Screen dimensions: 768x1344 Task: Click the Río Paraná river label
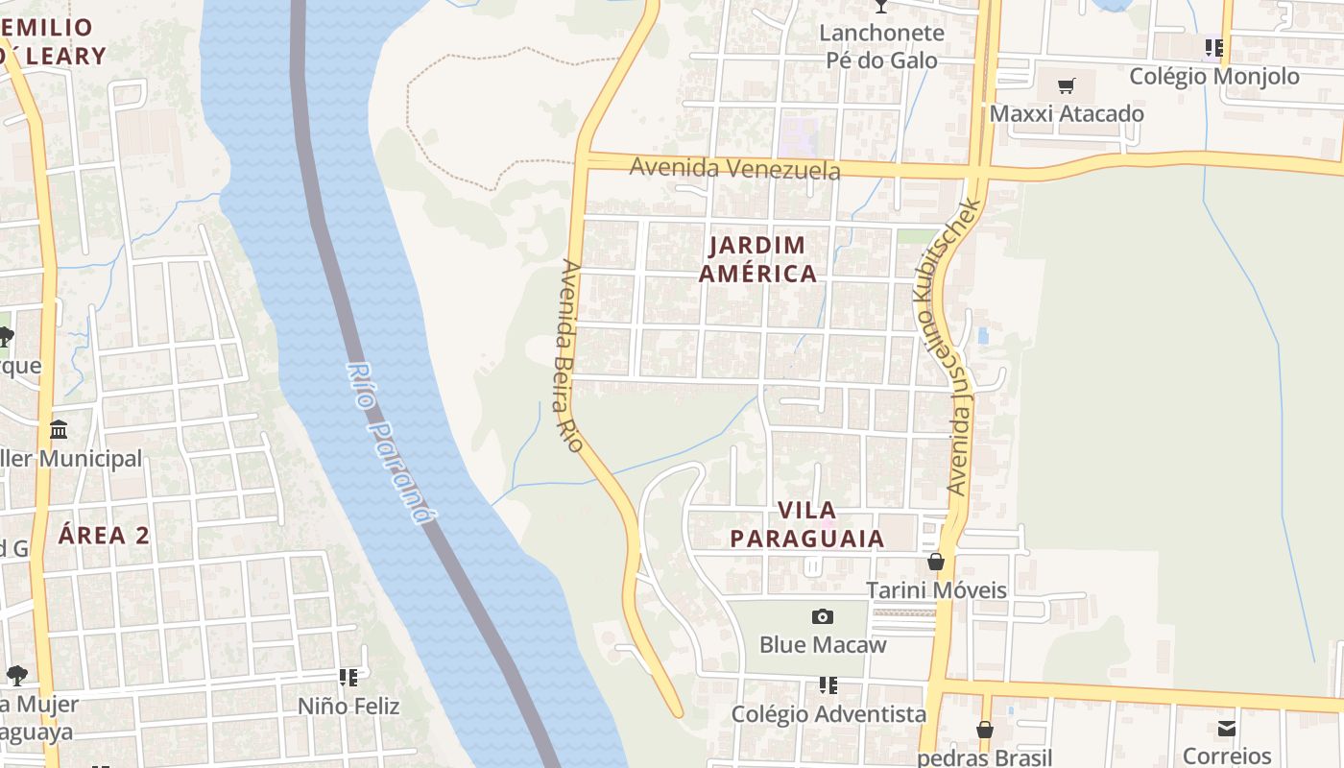coord(388,443)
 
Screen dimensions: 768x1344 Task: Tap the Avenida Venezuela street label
coord(734,169)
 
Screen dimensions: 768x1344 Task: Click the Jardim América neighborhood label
coord(757,259)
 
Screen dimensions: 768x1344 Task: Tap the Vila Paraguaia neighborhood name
coord(806,524)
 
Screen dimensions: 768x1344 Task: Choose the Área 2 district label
coord(104,535)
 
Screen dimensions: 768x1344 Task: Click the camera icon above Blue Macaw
coord(823,616)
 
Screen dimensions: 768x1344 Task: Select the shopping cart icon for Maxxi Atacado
coord(1066,86)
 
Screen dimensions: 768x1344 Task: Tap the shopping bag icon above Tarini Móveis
coord(936,562)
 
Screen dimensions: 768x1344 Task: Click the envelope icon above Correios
coord(1227,728)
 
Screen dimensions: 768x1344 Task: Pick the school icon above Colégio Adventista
coord(828,685)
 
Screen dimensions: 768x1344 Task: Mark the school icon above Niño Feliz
coord(348,678)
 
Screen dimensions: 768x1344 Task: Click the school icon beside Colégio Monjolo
coord(1214,47)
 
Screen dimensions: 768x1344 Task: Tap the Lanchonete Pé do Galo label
coord(881,46)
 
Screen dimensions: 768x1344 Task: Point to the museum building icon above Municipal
coord(59,429)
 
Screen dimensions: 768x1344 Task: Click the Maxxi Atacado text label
coord(1067,113)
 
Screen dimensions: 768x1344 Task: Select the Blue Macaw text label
coord(823,644)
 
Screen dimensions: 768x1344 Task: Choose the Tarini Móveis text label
coord(936,589)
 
